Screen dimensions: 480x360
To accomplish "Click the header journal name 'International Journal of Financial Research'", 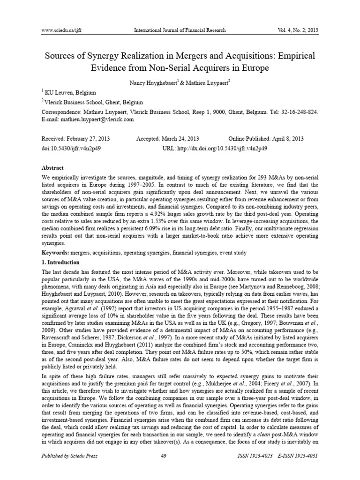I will (x=180, y=30).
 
